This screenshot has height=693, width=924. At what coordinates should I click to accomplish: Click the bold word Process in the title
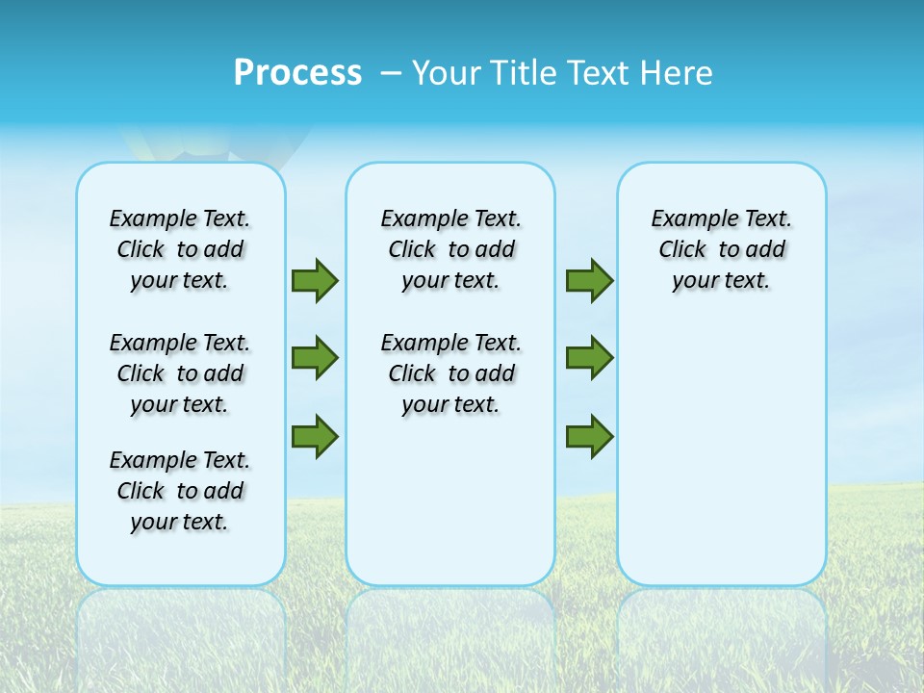(297, 73)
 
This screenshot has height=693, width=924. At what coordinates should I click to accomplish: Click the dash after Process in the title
(391, 74)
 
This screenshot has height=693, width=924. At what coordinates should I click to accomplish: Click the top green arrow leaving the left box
(315, 280)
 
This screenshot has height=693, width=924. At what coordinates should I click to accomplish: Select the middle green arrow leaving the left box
(315, 358)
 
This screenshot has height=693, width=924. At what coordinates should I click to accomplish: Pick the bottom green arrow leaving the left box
(315, 436)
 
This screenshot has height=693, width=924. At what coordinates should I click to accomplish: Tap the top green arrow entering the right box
(589, 280)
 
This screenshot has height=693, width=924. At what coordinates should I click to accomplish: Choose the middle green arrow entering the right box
(589, 358)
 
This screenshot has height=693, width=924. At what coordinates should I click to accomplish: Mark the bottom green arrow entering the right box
(589, 436)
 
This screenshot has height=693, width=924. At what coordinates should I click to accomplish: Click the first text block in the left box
(180, 249)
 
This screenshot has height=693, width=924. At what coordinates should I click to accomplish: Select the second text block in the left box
(180, 373)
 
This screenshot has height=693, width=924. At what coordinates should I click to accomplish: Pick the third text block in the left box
(180, 491)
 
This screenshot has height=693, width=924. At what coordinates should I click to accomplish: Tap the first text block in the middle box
(450, 249)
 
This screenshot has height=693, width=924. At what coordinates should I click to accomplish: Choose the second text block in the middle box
(450, 373)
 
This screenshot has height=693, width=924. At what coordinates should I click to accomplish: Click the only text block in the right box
(722, 249)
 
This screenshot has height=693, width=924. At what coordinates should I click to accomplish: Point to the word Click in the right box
(682, 250)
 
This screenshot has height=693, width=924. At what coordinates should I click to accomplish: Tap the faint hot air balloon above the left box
(178, 144)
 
